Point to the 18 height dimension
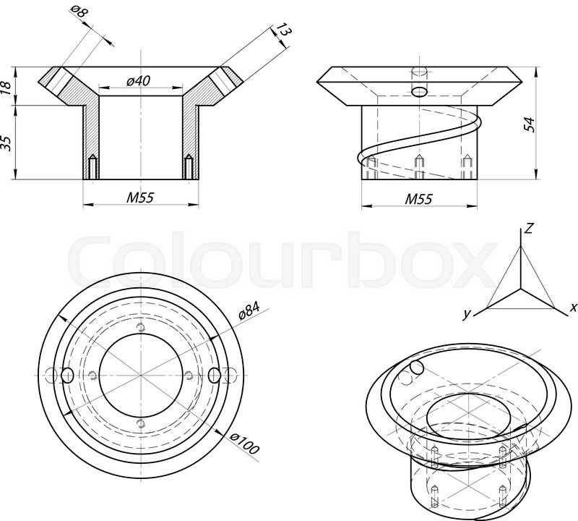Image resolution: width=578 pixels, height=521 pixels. pyautogui.click(x=7, y=87)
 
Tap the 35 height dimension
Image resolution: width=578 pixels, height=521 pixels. pyautogui.click(x=7, y=143)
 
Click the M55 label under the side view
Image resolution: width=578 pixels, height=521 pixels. pyautogui.click(x=418, y=198)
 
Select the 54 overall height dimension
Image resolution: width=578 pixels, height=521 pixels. pyautogui.click(x=530, y=123)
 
